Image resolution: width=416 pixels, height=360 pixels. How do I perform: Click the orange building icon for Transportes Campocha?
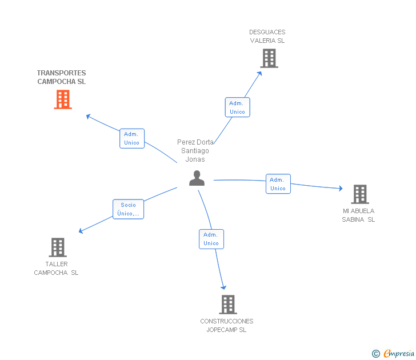pyautogui.click(x=63, y=99)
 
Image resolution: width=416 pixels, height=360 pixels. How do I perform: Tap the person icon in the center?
pyautogui.click(x=197, y=178)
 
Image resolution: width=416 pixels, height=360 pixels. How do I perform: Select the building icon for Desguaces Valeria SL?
pyautogui.click(x=269, y=58)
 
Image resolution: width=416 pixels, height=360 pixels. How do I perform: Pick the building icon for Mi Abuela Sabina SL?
pyautogui.click(x=360, y=194)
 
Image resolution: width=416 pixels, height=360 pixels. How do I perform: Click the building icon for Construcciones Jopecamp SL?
pyautogui.click(x=228, y=305)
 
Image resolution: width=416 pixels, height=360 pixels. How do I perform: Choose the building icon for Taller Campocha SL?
pyautogui.click(x=58, y=247)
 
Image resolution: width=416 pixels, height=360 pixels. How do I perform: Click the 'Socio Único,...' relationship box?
pyautogui.click(x=129, y=209)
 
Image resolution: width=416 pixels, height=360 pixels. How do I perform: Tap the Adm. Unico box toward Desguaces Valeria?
pyautogui.click(x=238, y=107)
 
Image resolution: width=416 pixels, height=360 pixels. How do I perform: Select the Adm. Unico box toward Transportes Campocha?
pyautogui.click(x=132, y=138)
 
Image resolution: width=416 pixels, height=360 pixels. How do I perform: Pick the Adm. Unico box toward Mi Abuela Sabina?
pyautogui.click(x=278, y=184)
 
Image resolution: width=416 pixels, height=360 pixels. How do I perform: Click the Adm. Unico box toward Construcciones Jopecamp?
pyautogui.click(x=211, y=239)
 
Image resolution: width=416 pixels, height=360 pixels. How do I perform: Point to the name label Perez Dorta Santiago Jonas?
pyautogui.click(x=195, y=151)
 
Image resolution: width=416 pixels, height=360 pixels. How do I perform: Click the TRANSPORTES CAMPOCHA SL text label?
pyautogui.click(x=61, y=77)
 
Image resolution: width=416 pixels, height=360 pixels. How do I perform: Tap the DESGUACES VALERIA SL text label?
pyautogui.click(x=267, y=37)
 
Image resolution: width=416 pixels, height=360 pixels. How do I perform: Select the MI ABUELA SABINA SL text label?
pyautogui.click(x=358, y=215)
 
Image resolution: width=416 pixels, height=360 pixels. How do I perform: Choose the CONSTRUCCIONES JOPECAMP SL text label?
pyautogui.click(x=227, y=326)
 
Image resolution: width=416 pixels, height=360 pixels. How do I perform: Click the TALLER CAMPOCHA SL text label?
pyautogui.click(x=56, y=268)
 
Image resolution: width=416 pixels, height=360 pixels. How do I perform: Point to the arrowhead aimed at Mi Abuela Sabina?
pyautogui.click(x=341, y=189)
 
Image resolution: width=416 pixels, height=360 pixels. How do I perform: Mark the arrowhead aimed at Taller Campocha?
pyautogui.click(x=81, y=231)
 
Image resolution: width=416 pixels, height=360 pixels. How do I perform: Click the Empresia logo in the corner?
pyautogui.click(x=393, y=353)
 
